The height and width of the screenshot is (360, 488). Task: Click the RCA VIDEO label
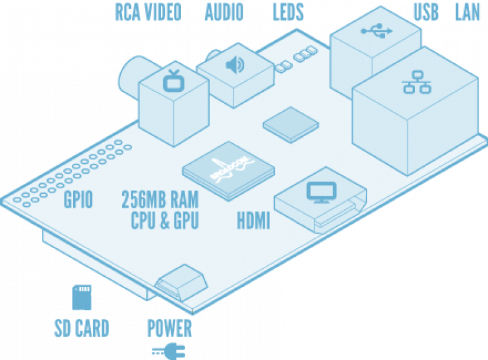click(148, 12)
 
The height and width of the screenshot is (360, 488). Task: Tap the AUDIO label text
click(224, 12)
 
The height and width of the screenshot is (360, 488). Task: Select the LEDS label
click(288, 12)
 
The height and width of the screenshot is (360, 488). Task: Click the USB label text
click(426, 12)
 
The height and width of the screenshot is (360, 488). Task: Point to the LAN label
click(467, 12)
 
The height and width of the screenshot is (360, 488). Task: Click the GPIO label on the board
click(78, 199)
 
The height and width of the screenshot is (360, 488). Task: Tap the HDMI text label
click(253, 221)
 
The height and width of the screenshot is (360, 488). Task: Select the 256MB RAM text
click(160, 199)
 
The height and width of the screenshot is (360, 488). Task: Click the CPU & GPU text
click(165, 221)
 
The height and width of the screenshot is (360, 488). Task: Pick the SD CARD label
click(81, 328)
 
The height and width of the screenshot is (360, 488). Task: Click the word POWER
click(170, 328)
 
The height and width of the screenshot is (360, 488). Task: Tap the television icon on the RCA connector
click(174, 81)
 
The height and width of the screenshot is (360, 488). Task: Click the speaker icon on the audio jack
click(235, 65)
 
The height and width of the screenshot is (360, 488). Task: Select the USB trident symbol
click(377, 31)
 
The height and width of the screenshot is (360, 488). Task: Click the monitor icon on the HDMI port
click(322, 192)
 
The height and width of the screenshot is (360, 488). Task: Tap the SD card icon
click(82, 297)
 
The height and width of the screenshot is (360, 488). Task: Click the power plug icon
click(169, 351)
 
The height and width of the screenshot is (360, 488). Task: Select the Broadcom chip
click(228, 171)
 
